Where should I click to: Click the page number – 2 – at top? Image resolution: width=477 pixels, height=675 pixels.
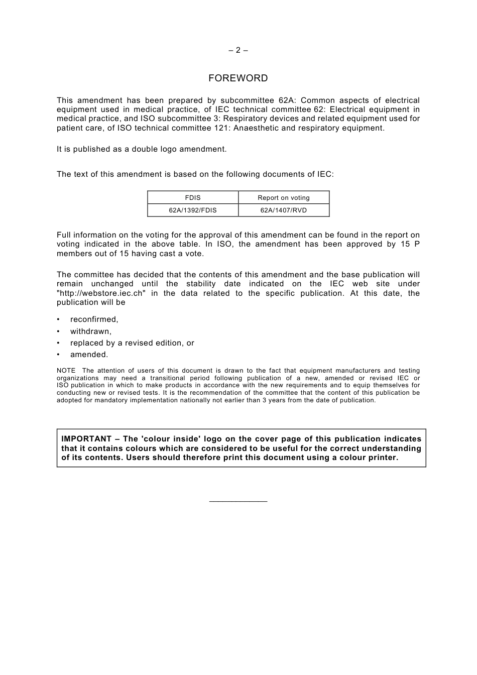click(238, 50)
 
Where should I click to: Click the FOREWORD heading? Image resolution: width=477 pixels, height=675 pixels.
click(238, 78)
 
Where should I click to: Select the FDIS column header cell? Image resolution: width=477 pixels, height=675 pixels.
click(193, 198)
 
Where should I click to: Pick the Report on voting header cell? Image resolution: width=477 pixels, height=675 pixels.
click(284, 198)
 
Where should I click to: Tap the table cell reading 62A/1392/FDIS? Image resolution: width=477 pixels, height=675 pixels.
click(193, 210)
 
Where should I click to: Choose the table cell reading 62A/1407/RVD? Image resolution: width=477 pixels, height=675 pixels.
click(284, 210)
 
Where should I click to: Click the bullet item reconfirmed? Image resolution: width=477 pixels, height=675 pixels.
click(94, 319)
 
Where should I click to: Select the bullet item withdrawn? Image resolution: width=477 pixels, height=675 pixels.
click(91, 331)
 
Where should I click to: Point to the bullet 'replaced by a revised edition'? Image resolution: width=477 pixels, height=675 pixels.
click(132, 343)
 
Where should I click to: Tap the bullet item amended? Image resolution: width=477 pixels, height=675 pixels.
click(89, 355)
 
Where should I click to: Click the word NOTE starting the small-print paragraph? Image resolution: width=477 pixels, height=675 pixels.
click(66, 371)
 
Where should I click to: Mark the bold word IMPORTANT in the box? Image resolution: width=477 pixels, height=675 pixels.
click(86, 439)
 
